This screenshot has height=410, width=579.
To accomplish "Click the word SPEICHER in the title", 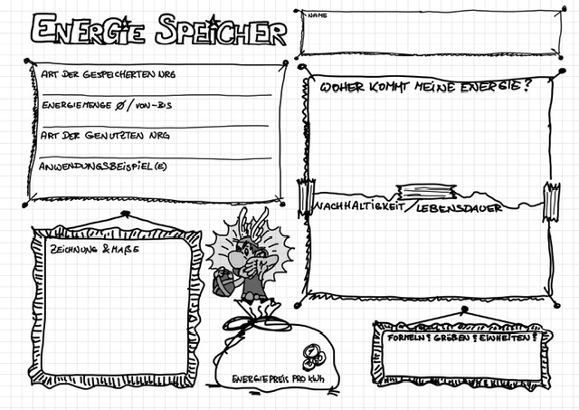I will [220, 31].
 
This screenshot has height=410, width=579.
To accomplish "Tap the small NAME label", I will [317, 16].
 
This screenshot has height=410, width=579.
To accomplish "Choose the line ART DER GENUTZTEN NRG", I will [105, 136].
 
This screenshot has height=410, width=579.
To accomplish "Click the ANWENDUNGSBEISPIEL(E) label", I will [103, 167].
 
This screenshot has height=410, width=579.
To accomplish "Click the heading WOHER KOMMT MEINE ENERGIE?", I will [425, 88].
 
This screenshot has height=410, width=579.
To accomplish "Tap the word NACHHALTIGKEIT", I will [357, 207].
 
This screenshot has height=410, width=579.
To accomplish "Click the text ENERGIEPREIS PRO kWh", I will [278, 378].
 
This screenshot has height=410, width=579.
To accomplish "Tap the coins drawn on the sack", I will [309, 352].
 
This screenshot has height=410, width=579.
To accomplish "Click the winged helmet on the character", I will [247, 224].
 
